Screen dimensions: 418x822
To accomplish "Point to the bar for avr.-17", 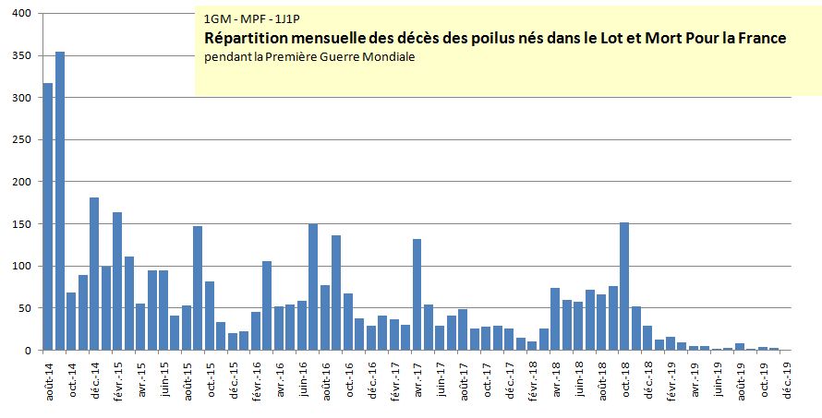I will click(417, 294).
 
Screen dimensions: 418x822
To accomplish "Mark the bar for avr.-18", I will click(555, 319).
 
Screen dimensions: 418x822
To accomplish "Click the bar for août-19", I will click(740, 347).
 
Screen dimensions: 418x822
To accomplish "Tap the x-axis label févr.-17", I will click(394, 379).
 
